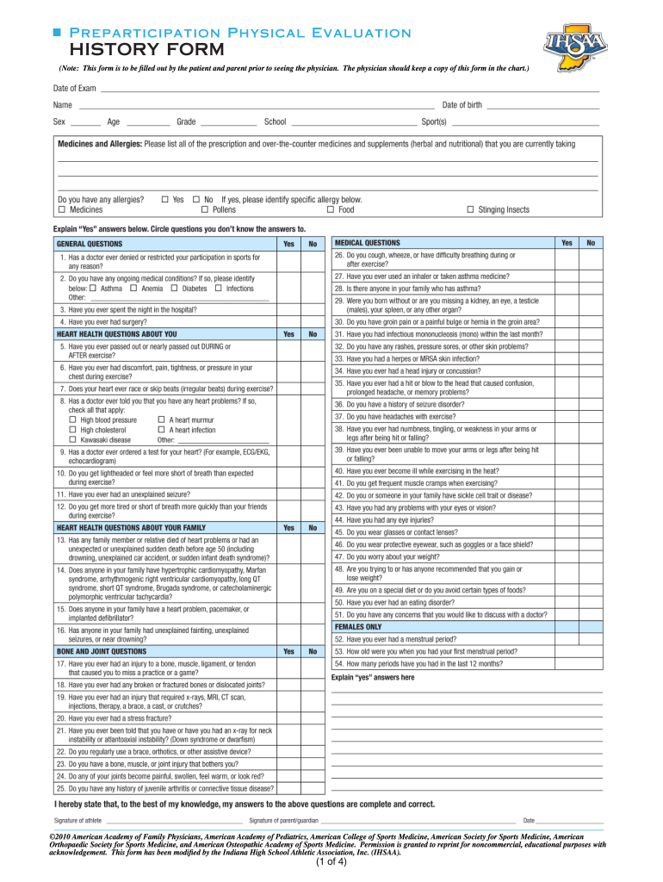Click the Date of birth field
(x=542, y=105)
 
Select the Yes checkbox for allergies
(x=165, y=199)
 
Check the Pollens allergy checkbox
(x=205, y=209)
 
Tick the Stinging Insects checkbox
(x=469, y=209)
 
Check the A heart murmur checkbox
(x=162, y=419)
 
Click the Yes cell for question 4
(x=288, y=321)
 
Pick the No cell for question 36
(x=591, y=404)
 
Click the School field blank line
(x=353, y=121)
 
